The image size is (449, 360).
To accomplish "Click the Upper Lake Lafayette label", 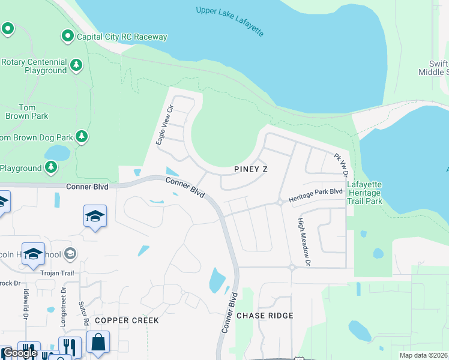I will click(230, 20).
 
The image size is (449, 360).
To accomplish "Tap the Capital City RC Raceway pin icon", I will click(68, 37).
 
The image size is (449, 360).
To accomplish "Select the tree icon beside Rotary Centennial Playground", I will click(76, 65).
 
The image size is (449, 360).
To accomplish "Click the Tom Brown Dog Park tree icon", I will click(82, 137).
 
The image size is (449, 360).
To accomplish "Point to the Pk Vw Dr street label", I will click(341, 164).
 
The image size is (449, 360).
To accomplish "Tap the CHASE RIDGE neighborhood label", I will click(265, 316).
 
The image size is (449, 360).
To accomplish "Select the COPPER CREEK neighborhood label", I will click(127, 320).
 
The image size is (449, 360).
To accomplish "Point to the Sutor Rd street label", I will click(84, 313).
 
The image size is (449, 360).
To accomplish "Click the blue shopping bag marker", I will click(98, 343).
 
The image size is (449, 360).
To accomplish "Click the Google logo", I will click(20, 353).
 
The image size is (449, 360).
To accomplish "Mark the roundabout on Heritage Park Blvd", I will click(280, 203).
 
